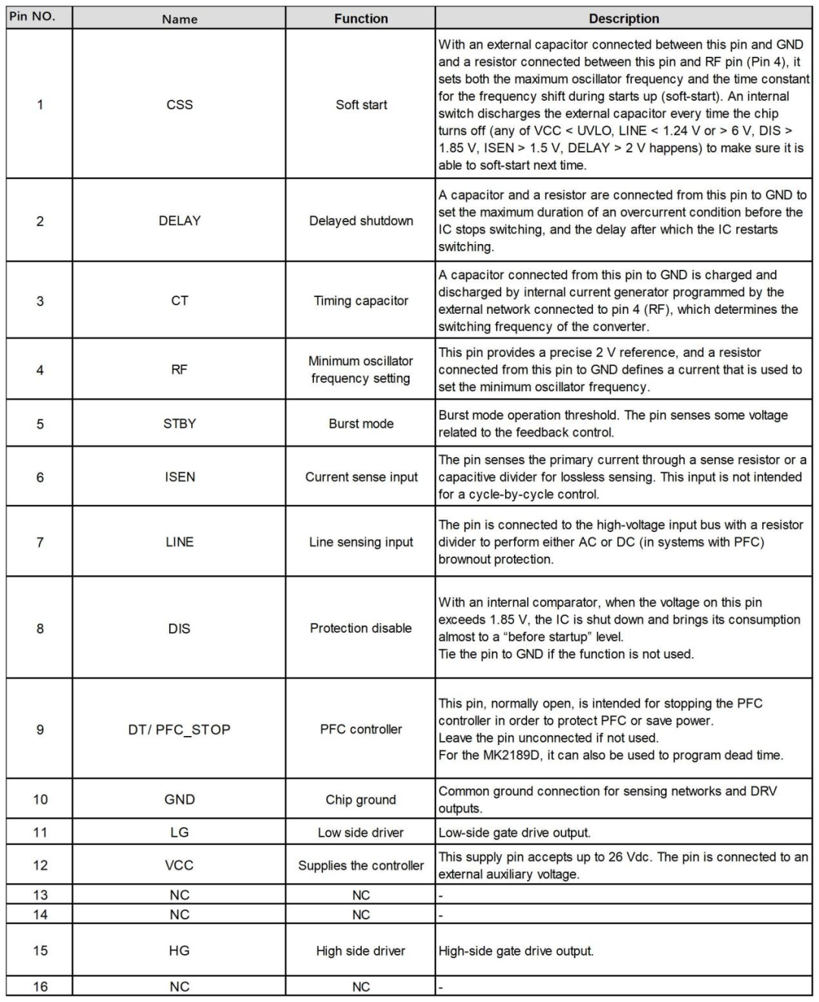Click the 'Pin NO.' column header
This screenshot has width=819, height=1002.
(x=33, y=16)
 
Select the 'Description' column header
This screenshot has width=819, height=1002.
(x=623, y=19)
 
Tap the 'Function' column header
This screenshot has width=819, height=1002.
(x=361, y=19)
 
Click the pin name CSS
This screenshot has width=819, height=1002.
(x=180, y=105)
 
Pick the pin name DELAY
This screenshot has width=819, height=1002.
(x=180, y=221)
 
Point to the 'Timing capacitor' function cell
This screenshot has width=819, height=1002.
(x=361, y=301)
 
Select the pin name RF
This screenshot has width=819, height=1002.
(x=180, y=370)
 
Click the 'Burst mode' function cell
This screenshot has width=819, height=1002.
(x=361, y=424)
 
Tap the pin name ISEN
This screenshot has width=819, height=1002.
(x=180, y=477)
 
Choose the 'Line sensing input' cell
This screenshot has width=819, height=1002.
(x=361, y=542)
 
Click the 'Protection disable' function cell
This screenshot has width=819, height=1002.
(x=361, y=628)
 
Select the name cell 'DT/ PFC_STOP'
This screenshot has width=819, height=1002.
(x=180, y=729)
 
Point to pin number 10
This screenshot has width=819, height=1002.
(x=40, y=800)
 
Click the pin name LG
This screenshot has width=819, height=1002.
(x=180, y=832)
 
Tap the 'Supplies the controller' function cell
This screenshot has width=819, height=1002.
(x=361, y=866)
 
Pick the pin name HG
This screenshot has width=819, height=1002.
(x=180, y=950)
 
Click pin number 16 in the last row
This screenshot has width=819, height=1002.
(x=40, y=987)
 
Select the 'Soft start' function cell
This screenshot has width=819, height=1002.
(x=361, y=105)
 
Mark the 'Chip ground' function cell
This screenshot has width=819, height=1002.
(x=361, y=800)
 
